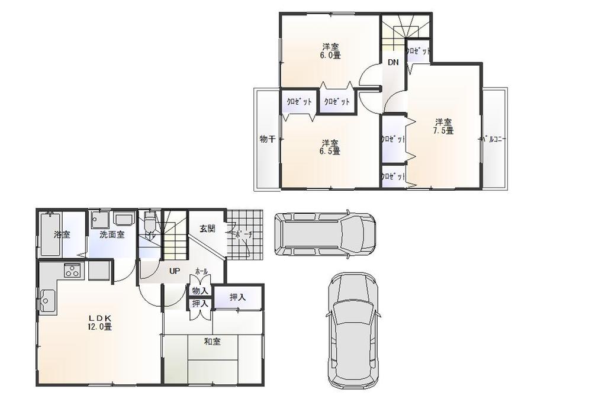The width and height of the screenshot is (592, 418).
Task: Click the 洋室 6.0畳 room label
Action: (x=331, y=51)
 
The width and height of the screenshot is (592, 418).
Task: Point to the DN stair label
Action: (x=393, y=62)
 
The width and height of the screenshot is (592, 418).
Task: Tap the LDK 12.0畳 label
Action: (x=100, y=321)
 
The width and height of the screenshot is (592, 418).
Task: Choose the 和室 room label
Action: (x=213, y=341)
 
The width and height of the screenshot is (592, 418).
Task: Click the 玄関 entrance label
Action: (x=207, y=229)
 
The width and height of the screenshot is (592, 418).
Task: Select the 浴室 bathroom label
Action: (x=62, y=234)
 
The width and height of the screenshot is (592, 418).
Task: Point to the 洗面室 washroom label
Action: (x=112, y=234)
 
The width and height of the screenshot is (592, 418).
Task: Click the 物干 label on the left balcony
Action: (x=267, y=139)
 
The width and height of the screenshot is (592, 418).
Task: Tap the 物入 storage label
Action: (x=200, y=291)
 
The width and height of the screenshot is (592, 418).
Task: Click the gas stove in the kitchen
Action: (x=72, y=271)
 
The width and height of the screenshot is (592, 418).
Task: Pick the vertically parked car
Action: (x=353, y=329)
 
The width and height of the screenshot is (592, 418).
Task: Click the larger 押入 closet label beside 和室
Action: (x=237, y=297)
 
